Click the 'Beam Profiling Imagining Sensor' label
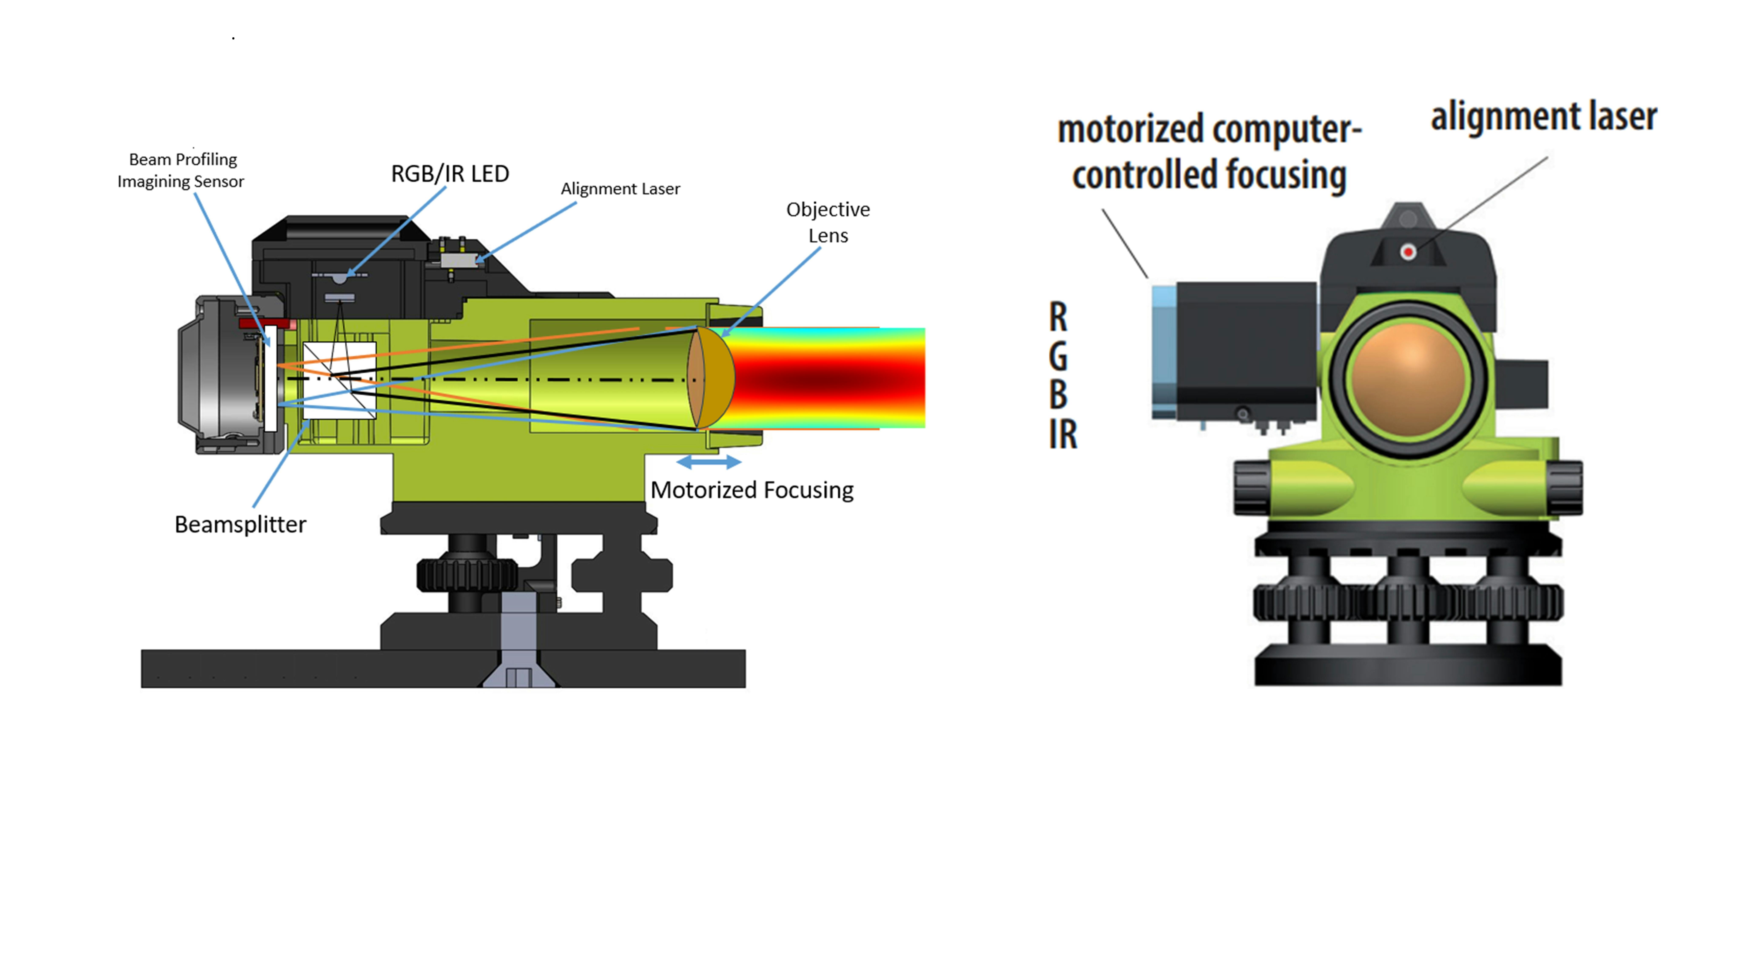coord(181,170)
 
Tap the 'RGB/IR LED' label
coord(450,174)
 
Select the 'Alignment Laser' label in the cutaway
coord(620,189)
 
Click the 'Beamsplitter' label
coord(240,524)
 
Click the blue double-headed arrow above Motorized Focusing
coord(709,462)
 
